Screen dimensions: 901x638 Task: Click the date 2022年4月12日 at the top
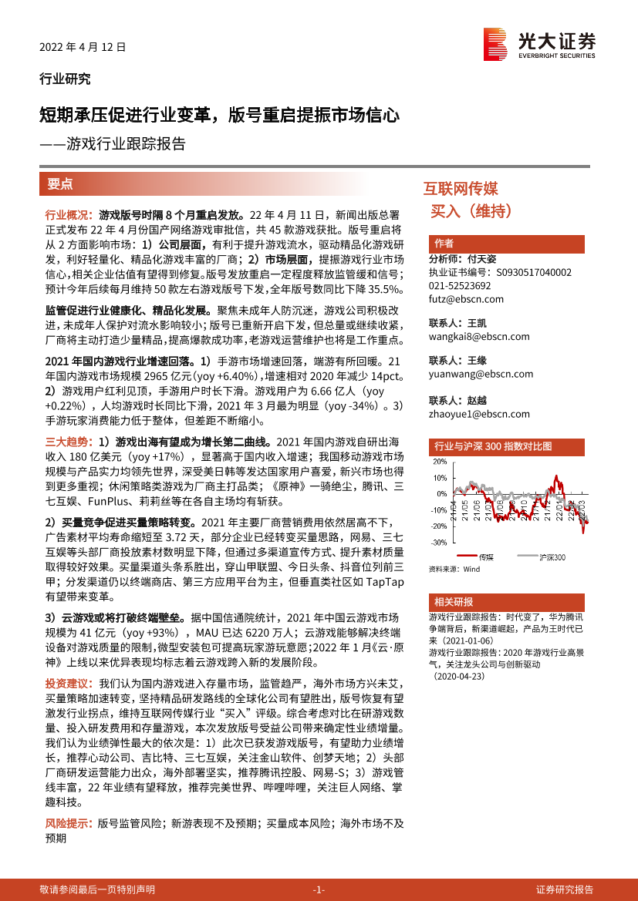tap(83, 46)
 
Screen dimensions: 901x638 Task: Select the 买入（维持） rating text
tap(471, 210)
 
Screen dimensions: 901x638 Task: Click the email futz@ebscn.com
tap(466, 299)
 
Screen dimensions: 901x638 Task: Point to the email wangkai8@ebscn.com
tap(479, 337)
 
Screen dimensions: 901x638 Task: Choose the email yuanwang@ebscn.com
tap(481, 375)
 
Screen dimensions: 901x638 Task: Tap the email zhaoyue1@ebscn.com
tap(479, 414)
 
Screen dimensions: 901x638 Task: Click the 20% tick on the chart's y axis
tap(441, 462)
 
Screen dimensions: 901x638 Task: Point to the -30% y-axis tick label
tap(439, 543)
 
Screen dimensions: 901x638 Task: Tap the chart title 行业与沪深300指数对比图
tap(494, 446)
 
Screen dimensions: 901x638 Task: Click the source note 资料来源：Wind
tap(454, 569)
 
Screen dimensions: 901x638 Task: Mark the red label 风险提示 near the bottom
tap(66, 823)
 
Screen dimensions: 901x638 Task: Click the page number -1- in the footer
tap(319, 889)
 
